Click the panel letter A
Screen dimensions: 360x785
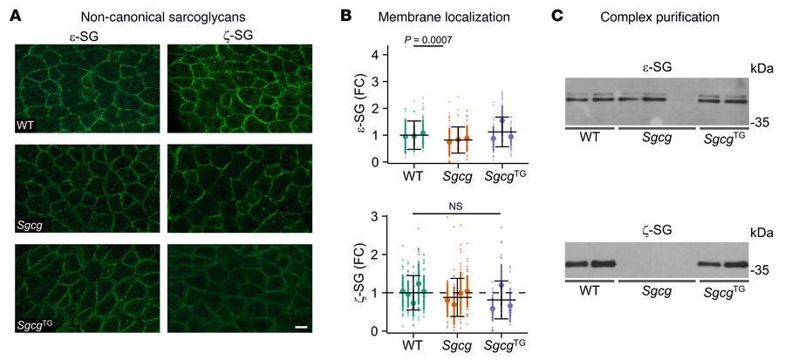7,16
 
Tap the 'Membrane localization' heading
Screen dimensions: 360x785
413,17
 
